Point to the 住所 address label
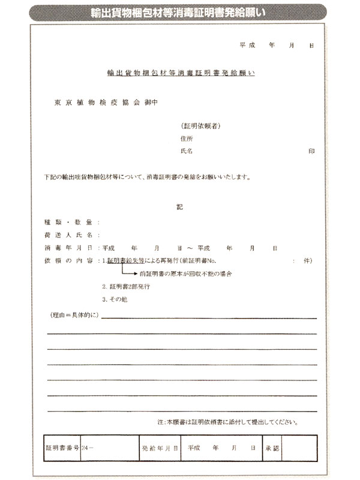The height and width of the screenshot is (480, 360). tap(187, 139)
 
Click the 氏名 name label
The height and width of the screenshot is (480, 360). tap(187, 152)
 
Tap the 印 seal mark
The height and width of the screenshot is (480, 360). tap(311, 152)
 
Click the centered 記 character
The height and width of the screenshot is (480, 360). tap(179, 206)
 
